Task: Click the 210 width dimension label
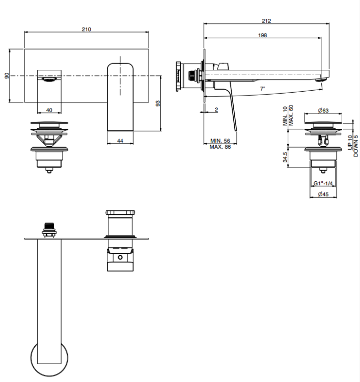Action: coord(87,29)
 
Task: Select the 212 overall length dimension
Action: coord(266,21)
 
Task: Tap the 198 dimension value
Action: coord(262,35)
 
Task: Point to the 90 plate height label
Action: coord(7,76)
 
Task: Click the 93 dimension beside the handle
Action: coord(158,103)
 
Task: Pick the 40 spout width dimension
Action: coord(49,110)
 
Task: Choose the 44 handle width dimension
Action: coord(120,141)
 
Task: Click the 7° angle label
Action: coord(262,89)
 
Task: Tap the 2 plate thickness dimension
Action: coord(216,110)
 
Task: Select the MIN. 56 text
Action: coord(220,141)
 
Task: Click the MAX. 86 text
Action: coord(220,147)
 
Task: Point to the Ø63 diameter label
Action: coord(323,111)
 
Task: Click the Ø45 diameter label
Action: coord(323,194)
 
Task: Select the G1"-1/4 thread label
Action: coord(323,183)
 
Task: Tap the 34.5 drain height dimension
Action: coord(285,157)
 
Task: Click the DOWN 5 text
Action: coord(355,146)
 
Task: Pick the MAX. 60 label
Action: coord(291,115)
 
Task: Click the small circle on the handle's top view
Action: coord(120,257)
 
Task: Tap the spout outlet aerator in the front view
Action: coord(51,79)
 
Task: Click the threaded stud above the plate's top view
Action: coord(49,230)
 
